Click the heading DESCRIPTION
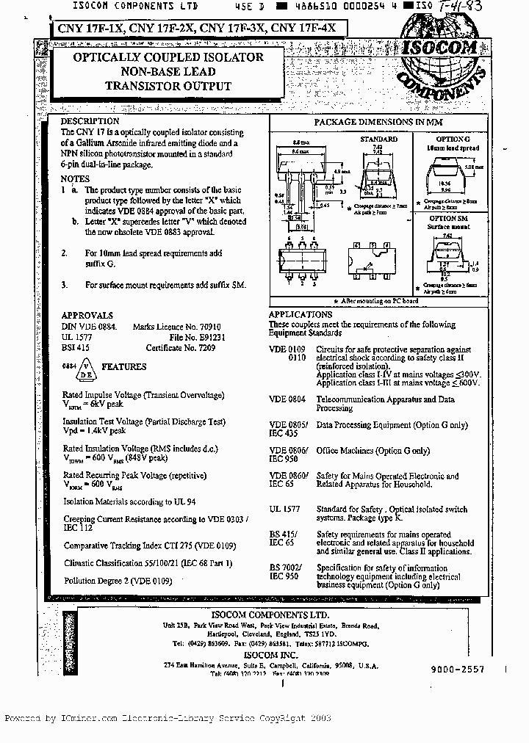pyautogui.click(x=90, y=121)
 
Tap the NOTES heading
pyautogui.click(x=76, y=178)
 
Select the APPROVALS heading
pyautogui.click(x=87, y=315)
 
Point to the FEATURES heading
pyautogui.click(x=123, y=366)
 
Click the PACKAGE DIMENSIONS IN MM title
pyautogui.click(x=378, y=122)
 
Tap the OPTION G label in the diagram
pyautogui.click(x=453, y=139)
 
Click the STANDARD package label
pyautogui.click(x=378, y=139)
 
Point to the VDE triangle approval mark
pyautogui.click(x=86, y=366)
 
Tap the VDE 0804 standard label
pyautogui.click(x=287, y=399)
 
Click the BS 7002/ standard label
pyautogui.click(x=286, y=568)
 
